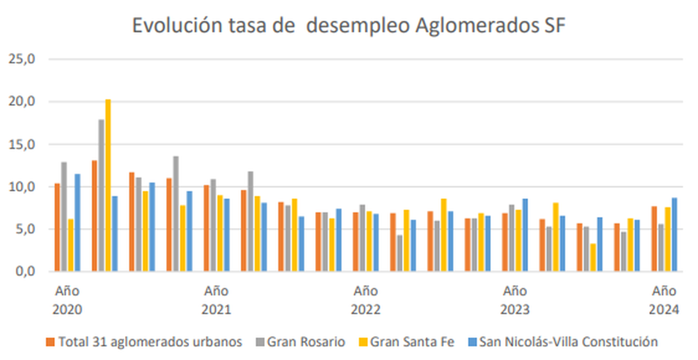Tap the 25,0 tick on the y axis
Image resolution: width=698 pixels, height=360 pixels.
coord(21,59)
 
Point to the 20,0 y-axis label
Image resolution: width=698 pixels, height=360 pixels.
coord(21,101)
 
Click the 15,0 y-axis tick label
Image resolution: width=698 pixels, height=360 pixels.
coord(21,144)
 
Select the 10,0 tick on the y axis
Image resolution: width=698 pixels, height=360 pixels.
coord(21,187)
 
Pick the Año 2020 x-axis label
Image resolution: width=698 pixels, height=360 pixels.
coord(67,300)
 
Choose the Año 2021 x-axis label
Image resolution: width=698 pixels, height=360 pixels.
coord(216,300)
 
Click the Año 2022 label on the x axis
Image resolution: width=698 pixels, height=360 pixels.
coord(365,300)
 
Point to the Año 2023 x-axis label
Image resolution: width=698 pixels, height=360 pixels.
coord(515,300)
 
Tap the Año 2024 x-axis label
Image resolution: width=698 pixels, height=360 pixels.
coord(664,300)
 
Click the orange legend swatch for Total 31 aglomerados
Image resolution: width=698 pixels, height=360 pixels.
coord(51,342)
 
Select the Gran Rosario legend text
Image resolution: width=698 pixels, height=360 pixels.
coord(306,342)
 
